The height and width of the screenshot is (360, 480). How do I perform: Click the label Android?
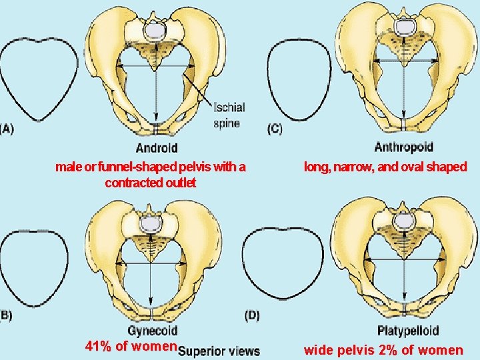[x=157, y=147]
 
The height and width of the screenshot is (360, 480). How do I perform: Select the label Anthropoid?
[x=403, y=147]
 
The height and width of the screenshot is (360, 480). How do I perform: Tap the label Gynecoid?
[x=152, y=330]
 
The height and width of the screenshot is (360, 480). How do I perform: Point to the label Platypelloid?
[x=407, y=330]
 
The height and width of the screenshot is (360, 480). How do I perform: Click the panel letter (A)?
[x=6, y=129]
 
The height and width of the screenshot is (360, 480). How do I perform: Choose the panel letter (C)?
[x=274, y=129]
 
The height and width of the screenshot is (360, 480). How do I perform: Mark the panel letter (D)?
[x=252, y=315]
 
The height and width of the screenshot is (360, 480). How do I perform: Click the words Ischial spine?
[x=229, y=115]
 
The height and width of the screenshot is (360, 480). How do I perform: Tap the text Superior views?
[x=219, y=351]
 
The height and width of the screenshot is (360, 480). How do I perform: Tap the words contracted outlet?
[x=150, y=183]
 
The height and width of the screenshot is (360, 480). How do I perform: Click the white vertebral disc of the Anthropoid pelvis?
[x=404, y=27]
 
